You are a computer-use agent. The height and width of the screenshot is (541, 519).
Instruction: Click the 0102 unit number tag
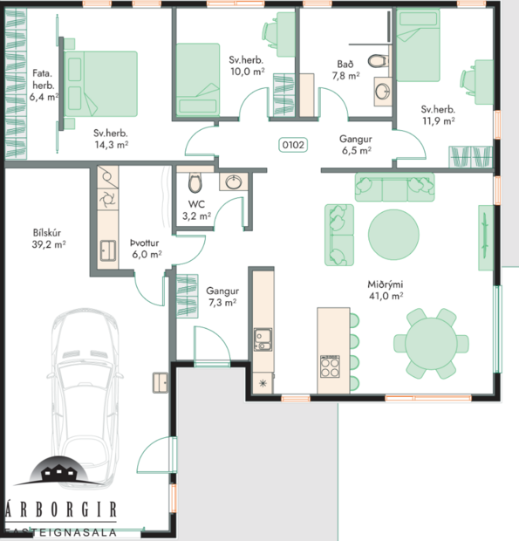292,145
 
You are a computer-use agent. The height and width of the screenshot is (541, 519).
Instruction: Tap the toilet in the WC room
194,183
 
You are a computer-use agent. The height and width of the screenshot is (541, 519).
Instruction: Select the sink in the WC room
233,181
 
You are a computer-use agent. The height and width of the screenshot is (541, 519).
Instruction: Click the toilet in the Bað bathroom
377,61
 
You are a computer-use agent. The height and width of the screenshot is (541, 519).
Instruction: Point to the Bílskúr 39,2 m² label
49,239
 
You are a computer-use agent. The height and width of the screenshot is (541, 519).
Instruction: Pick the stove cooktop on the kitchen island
331,366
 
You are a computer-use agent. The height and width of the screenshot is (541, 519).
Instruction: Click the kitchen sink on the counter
263,339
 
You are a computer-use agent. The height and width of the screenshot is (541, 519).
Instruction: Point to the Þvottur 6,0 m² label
146,249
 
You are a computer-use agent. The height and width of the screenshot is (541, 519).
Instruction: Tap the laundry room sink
108,250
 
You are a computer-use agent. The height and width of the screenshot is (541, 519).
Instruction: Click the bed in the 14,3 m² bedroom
101,84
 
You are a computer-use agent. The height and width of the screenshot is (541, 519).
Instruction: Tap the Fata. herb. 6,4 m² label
43,86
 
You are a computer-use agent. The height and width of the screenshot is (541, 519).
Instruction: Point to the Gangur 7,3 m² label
222,297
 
